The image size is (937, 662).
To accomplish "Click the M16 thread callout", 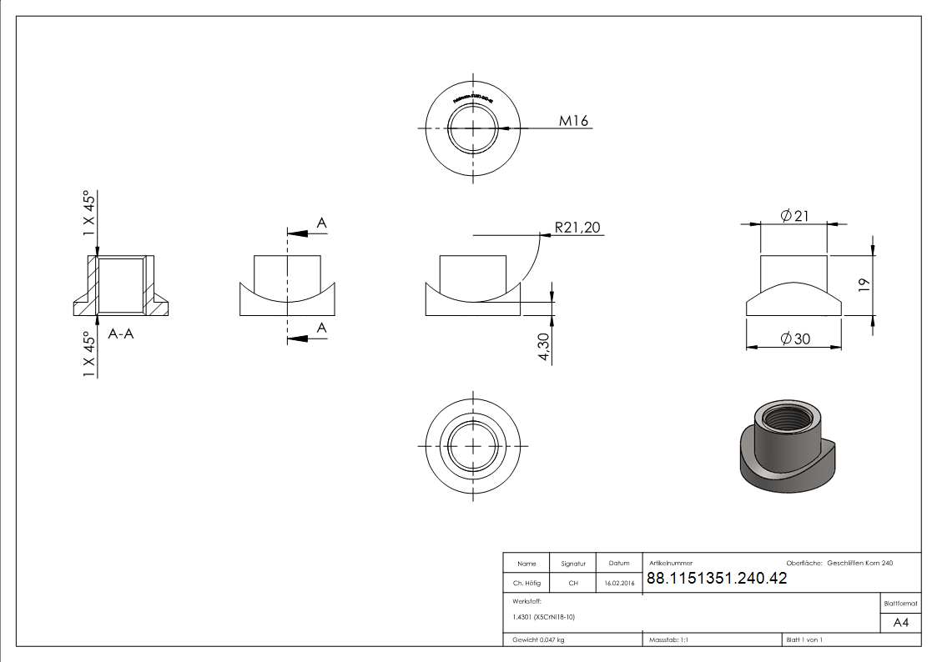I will point(573,121).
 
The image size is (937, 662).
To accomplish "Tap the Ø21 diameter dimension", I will point(795,216).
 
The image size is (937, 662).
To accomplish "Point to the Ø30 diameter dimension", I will point(795,339).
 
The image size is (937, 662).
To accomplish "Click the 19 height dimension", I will point(864,283).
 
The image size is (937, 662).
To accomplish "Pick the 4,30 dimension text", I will point(544,347).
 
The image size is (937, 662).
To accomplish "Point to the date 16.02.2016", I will point(619,584).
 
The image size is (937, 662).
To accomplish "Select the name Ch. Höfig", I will point(526,584).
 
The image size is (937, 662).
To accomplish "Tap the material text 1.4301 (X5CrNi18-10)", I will point(544,617).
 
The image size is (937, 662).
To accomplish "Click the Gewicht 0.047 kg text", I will point(538,639).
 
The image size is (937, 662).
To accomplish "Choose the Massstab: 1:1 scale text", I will point(668,639).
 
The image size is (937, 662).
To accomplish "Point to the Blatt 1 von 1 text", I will point(804,639).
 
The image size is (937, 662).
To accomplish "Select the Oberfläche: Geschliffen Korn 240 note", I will point(839,564).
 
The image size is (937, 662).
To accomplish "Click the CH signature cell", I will point(573,584).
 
